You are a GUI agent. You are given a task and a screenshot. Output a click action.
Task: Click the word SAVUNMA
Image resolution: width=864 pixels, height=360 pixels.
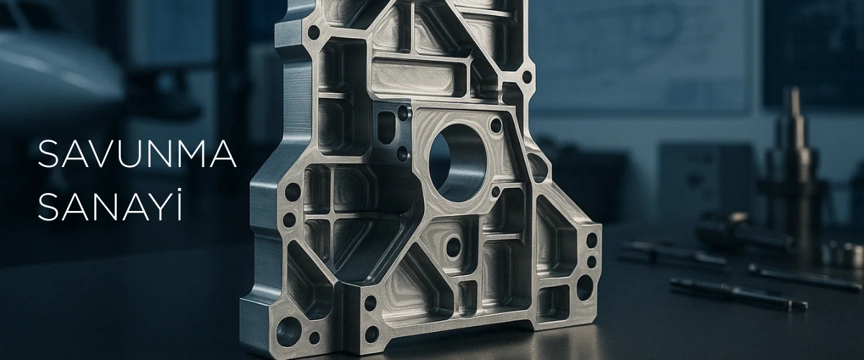(x=137, y=154)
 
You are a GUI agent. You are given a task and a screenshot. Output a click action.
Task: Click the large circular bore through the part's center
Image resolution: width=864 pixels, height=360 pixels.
(x=457, y=163)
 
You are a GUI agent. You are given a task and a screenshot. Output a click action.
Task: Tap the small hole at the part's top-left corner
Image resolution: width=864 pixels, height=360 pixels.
(x=314, y=32)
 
